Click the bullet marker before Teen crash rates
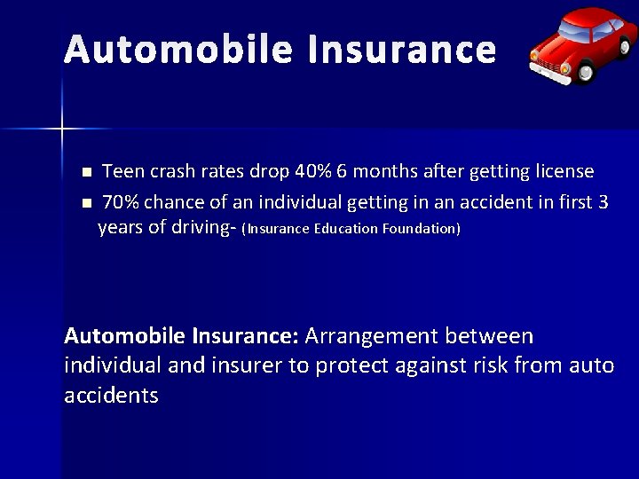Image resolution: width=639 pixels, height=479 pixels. pyautogui.click(x=85, y=171)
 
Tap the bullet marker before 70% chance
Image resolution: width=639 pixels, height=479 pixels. pyautogui.click(x=85, y=203)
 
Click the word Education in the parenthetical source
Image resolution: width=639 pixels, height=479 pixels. pyautogui.click(x=346, y=229)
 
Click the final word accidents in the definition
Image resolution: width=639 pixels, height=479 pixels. pyautogui.click(x=112, y=396)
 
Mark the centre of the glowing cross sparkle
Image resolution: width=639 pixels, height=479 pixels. pyautogui.click(x=62, y=130)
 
